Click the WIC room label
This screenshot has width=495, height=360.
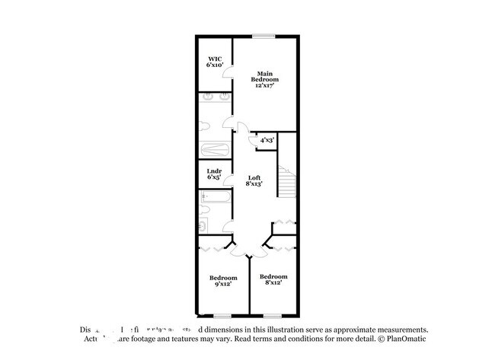(x=214, y=59)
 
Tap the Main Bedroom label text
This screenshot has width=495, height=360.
(x=265, y=76)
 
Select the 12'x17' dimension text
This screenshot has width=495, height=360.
(x=265, y=86)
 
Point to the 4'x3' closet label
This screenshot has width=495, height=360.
(x=267, y=140)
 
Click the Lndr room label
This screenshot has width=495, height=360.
(x=214, y=171)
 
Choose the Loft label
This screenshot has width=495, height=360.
(x=254, y=177)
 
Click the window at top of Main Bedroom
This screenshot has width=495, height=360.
(x=264, y=35)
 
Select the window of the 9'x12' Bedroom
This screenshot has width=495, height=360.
(x=222, y=315)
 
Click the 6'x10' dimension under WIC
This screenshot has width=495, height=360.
(x=214, y=65)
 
